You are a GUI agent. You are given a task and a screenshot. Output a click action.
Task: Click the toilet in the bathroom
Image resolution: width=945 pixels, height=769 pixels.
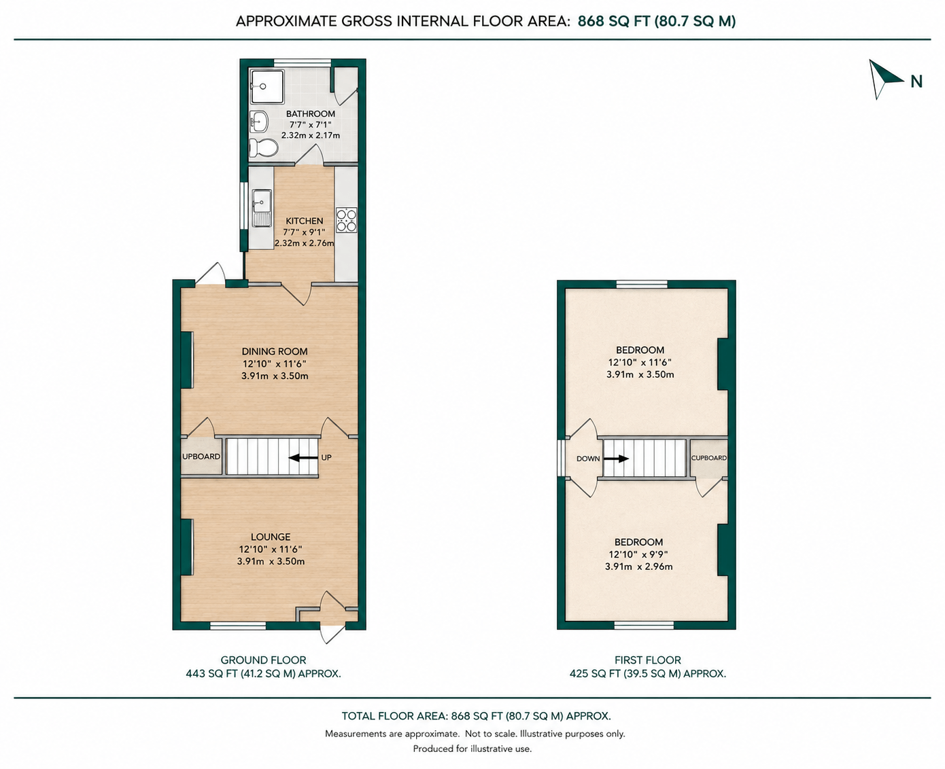coord(263,147)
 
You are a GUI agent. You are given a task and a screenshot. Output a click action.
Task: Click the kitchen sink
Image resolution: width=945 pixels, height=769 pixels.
coord(262,208)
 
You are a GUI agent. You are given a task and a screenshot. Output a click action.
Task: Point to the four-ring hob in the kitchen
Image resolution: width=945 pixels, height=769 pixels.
coord(346,220)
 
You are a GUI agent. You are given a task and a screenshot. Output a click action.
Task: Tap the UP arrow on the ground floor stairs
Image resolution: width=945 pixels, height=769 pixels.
coord(303,458)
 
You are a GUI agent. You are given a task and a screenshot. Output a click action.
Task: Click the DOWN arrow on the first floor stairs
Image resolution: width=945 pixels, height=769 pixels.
coord(616,459)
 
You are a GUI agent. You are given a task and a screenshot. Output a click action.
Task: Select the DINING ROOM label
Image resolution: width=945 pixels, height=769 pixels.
coord(275,351)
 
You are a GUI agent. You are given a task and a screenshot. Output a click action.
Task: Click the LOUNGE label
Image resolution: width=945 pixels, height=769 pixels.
coord(271,537)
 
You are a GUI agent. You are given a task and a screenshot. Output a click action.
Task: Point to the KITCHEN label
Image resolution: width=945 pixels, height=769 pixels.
coord(305,221)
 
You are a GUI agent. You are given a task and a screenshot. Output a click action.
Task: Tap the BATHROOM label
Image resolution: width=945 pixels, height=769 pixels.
coord(311,114)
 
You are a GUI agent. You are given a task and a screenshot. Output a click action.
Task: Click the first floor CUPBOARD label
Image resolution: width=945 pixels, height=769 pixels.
coord(709,458)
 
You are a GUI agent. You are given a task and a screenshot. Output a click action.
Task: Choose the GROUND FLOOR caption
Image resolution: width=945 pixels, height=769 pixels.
coord(264,660)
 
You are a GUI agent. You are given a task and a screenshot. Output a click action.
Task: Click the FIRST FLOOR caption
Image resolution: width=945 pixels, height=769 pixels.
coord(648,660)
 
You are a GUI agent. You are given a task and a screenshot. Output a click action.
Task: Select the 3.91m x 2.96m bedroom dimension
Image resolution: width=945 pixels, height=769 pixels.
coord(639,567)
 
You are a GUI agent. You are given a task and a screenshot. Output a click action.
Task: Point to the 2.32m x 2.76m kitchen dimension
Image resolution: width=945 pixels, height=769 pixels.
coord(305,243)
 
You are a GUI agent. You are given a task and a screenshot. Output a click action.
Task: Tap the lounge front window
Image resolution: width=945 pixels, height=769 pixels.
coord(238,626)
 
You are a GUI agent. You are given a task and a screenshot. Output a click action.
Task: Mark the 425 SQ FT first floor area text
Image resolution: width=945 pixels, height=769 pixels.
coord(595,674)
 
